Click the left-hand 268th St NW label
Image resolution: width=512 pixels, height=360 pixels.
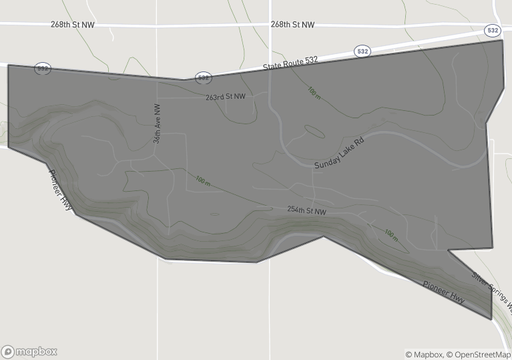(71, 25)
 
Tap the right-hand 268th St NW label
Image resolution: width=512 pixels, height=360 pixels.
(292, 25)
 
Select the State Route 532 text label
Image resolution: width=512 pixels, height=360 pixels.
(291, 63)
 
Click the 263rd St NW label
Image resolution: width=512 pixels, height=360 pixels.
(225, 97)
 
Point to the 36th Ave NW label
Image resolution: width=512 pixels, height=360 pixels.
(157, 124)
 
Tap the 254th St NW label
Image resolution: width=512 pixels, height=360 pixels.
(306, 210)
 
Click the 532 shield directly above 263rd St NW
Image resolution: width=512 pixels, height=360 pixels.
(204, 78)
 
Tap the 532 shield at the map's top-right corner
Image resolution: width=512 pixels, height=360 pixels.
(493, 31)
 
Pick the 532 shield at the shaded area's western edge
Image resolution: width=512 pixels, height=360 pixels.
(43, 69)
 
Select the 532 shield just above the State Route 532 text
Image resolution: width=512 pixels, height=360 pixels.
(362, 51)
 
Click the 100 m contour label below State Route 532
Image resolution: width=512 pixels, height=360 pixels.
(314, 92)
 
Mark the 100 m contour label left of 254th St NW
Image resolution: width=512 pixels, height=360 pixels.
(203, 180)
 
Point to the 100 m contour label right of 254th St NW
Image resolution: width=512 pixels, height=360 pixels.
(391, 234)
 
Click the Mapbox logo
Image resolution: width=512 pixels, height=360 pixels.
(29, 351)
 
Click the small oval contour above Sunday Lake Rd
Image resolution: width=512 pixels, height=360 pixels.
(314, 132)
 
